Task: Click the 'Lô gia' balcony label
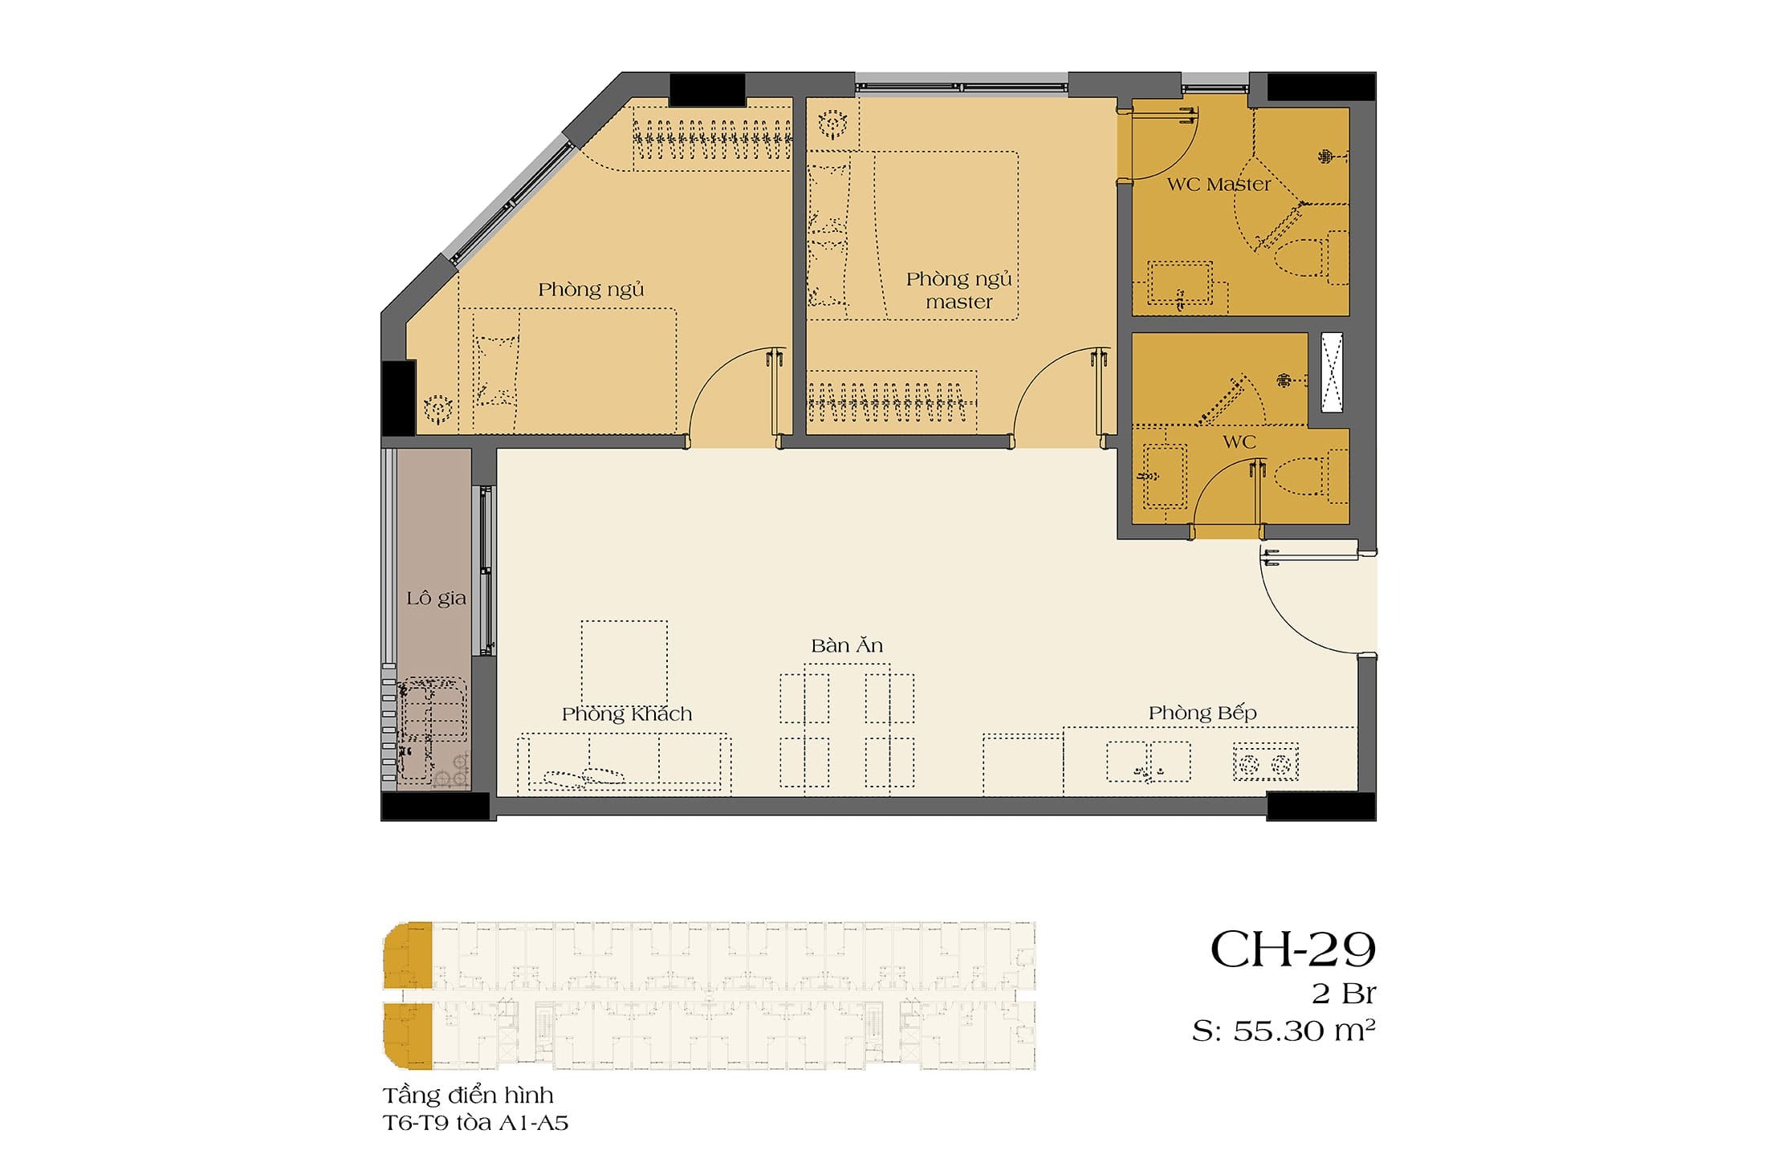click(x=436, y=599)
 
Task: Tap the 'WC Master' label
click(x=1219, y=185)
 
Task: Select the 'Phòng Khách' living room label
click(x=627, y=714)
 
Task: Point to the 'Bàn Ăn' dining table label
click(x=847, y=645)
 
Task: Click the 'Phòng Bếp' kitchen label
click(x=1202, y=713)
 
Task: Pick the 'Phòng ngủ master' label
click(x=959, y=291)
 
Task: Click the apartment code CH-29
click(x=1292, y=950)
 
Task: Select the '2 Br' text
click(x=1344, y=994)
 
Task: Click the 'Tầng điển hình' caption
click(x=468, y=1095)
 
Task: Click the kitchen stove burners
click(x=1266, y=763)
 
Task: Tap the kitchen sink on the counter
click(x=1149, y=761)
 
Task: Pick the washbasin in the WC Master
click(x=1180, y=283)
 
